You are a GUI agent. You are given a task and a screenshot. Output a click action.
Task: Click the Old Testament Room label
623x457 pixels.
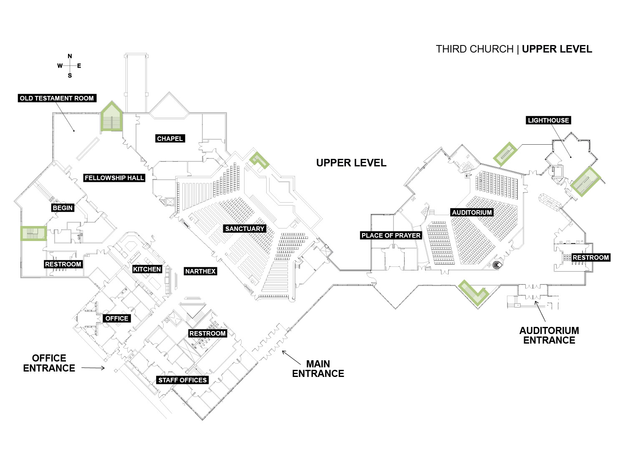pyautogui.click(x=57, y=98)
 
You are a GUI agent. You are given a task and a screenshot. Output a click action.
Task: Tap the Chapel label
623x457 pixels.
pyautogui.click(x=170, y=138)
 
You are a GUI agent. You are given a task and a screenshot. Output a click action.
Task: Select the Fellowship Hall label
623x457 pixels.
pyautogui.click(x=114, y=178)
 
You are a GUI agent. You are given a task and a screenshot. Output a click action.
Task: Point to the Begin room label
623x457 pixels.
pyautogui.click(x=63, y=208)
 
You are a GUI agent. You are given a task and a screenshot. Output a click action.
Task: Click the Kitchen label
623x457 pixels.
pyautogui.click(x=147, y=269)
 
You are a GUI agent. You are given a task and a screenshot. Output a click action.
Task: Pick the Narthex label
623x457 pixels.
pyautogui.click(x=200, y=271)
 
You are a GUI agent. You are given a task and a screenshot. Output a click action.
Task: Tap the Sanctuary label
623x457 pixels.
pyautogui.click(x=245, y=229)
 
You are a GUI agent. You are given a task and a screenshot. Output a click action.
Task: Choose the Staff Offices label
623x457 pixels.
pyautogui.click(x=182, y=380)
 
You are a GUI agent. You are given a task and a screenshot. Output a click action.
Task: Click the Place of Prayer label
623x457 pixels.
pyautogui.click(x=391, y=236)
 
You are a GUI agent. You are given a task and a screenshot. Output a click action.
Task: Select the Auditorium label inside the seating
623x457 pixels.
pyautogui.click(x=472, y=212)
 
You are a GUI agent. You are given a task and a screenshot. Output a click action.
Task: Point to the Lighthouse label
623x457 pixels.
pyautogui.click(x=548, y=121)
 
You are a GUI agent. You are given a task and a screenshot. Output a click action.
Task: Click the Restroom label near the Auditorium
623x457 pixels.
pyautogui.click(x=590, y=257)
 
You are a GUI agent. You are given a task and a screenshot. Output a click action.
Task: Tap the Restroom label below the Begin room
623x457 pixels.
pyautogui.click(x=63, y=264)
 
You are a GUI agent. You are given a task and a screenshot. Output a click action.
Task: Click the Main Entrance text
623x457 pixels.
pyautogui.click(x=318, y=369)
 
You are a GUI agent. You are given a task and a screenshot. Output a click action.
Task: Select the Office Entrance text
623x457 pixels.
pyautogui.click(x=49, y=363)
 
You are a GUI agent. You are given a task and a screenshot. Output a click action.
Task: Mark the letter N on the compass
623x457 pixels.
pyautogui.click(x=70, y=56)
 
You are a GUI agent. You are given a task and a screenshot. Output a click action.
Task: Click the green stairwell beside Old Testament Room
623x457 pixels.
pyautogui.click(x=111, y=116)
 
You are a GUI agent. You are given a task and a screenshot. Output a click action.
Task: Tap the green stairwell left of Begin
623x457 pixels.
pyautogui.click(x=33, y=234)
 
